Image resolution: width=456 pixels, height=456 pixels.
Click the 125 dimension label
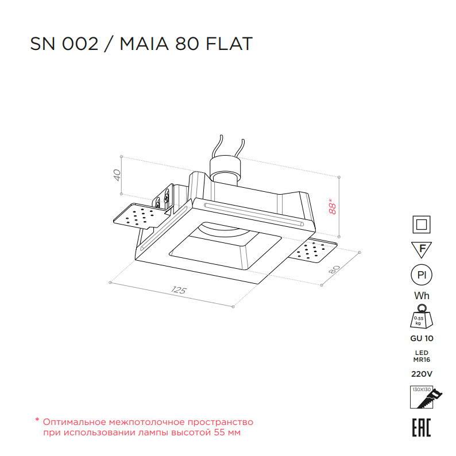[x=178, y=290]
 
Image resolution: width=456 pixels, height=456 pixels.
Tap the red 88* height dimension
[x=332, y=206]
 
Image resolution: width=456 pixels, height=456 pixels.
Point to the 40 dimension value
[x=117, y=175]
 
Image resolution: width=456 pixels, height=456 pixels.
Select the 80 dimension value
[x=334, y=269]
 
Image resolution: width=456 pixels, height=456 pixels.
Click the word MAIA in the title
[x=144, y=44]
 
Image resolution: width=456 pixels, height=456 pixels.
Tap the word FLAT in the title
[x=229, y=44]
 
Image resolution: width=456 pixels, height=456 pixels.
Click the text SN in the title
[x=42, y=44]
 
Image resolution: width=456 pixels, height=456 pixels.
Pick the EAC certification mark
[x=422, y=427]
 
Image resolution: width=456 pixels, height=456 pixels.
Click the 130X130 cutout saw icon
[x=425, y=397]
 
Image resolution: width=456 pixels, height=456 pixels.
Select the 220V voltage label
[x=422, y=374]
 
